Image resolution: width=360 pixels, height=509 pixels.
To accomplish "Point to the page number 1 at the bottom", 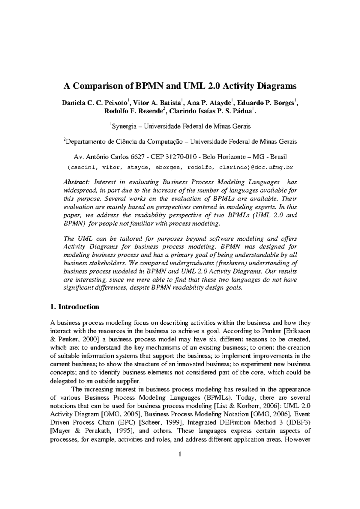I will pos(180,463).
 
